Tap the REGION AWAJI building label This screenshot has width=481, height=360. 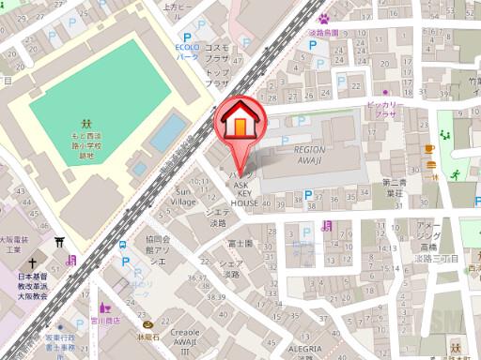tap(309, 154)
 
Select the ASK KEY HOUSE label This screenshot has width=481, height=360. tap(245, 195)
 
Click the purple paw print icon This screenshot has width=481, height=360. tap(324, 17)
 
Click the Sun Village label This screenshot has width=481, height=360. tap(186, 196)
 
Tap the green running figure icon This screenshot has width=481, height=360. tap(455, 174)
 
